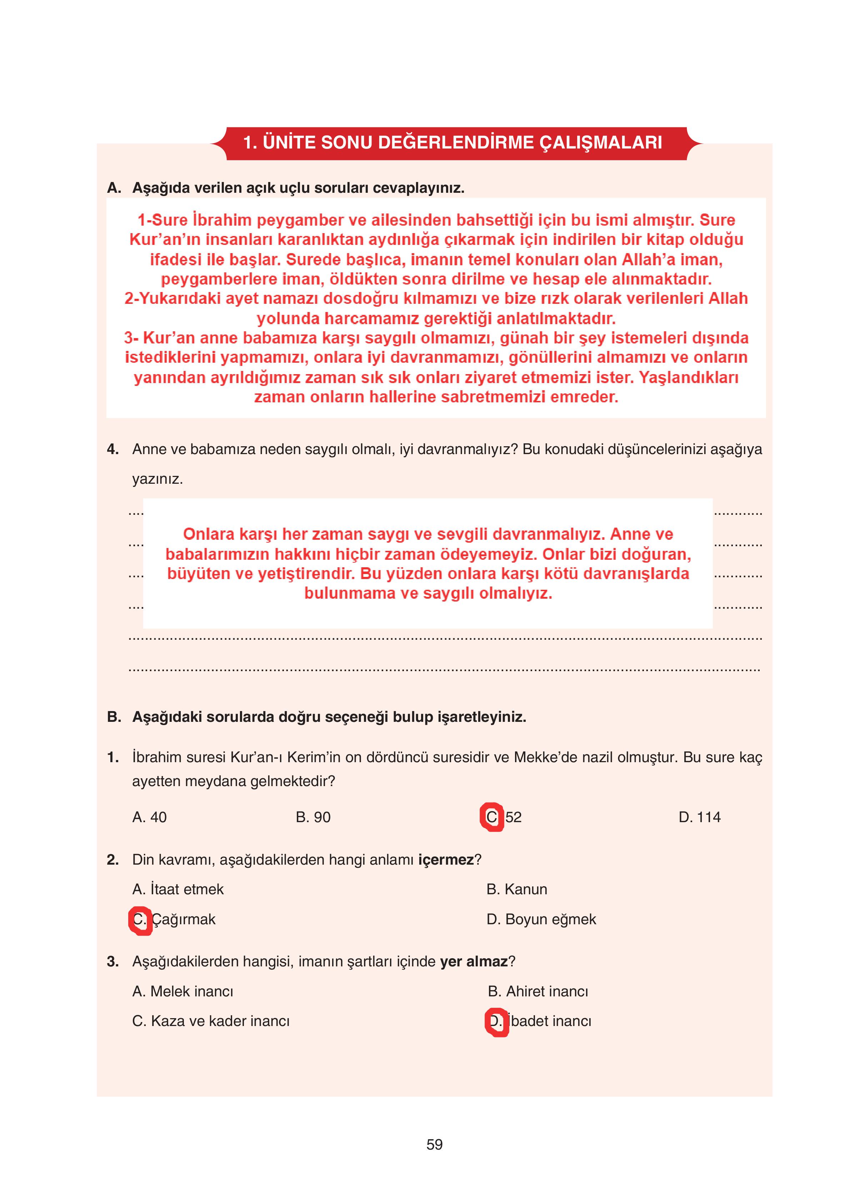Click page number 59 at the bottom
click(434, 1144)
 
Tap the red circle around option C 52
click(492, 817)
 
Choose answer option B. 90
click(313, 817)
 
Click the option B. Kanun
click(516, 889)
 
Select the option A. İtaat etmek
click(177, 889)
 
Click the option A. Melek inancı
click(182, 991)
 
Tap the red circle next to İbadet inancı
click(496, 1021)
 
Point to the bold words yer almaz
click(474, 961)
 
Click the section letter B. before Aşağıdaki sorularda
click(114, 717)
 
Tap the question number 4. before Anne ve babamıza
click(112, 449)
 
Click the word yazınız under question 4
click(157, 479)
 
